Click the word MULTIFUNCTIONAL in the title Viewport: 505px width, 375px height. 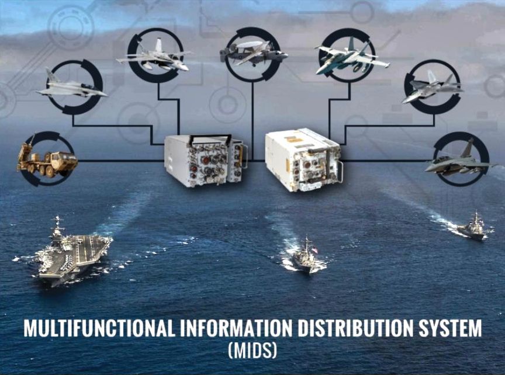pos(99,328)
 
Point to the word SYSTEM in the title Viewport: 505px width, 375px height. pos(449,328)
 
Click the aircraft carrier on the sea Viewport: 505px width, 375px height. pos(74,252)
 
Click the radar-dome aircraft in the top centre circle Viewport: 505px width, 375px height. pos(253,54)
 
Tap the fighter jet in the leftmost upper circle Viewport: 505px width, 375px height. pos(71,86)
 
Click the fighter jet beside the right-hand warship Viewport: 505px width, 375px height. pos(460,161)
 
